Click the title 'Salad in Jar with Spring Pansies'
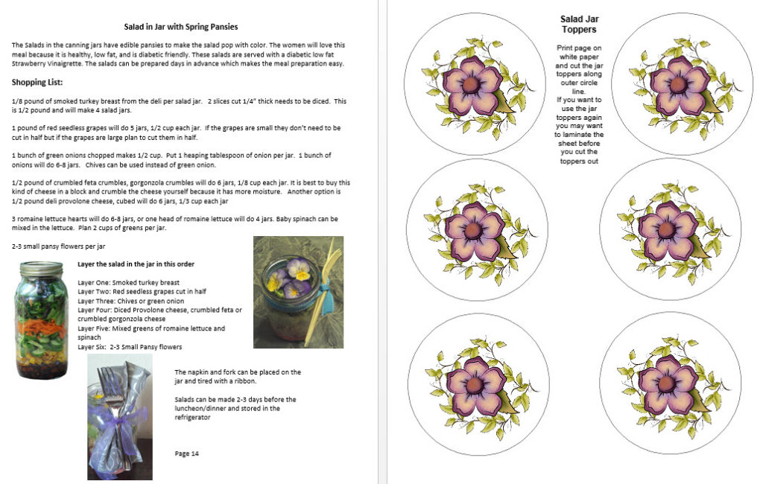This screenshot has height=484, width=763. pos(181,27)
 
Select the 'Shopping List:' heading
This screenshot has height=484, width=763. pos(37,82)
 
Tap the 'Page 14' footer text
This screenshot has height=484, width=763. pos(187,453)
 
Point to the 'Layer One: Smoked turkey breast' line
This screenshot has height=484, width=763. pos(128,283)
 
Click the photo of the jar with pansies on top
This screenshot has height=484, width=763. pos(298,292)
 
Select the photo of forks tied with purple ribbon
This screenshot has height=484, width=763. pos(120,416)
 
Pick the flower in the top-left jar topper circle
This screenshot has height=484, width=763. pos(470,83)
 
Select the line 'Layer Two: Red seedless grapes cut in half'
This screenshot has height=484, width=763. pos(142,292)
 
